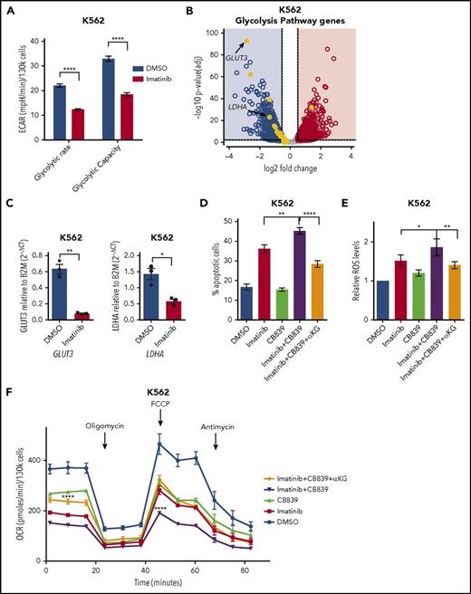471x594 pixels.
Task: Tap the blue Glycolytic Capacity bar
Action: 109,101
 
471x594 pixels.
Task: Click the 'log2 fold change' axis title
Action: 291,171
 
